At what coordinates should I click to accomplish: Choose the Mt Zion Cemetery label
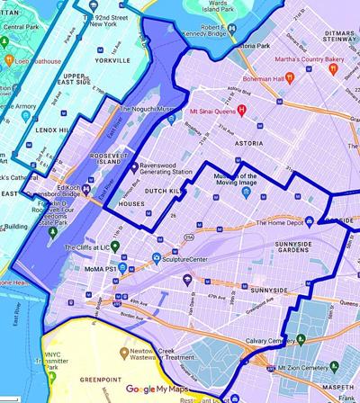(x=310, y=369)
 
